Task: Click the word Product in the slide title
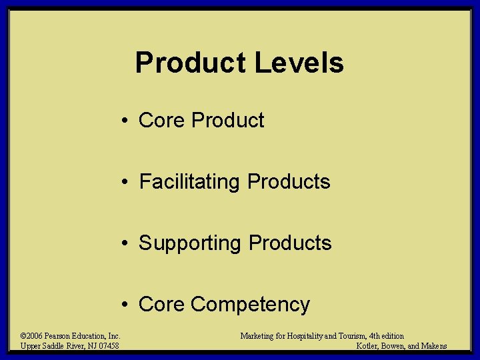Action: [191, 63]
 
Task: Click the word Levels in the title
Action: [299, 63]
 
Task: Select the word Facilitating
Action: [189, 181]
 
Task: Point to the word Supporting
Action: [190, 243]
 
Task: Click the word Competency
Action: [250, 305]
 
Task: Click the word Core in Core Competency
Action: [161, 304]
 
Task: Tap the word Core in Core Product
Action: [161, 120]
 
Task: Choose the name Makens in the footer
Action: [433, 345]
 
